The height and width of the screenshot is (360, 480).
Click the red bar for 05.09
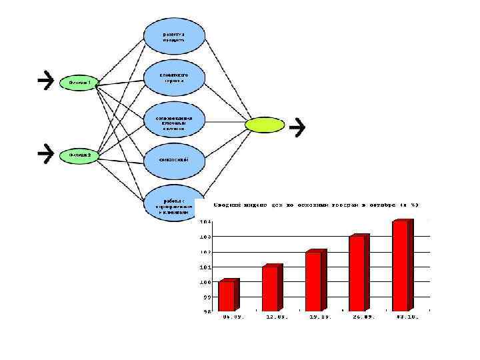click(227, 295)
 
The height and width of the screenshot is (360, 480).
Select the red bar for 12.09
click(271, 288)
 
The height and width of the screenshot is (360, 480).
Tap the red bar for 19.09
click(314, 281)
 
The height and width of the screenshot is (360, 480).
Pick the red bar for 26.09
click(357, 273)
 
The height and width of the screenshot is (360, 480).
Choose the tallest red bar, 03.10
click(401, 265)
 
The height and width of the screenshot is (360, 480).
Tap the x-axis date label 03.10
click(407, 317)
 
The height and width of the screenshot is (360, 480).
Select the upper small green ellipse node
click(79, 83)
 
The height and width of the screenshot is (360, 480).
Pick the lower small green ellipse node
click(79, 155)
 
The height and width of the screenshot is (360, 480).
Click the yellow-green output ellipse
click(265, 124)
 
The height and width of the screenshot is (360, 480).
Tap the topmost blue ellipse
click(175, 36)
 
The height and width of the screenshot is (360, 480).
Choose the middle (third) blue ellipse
click(175, 121)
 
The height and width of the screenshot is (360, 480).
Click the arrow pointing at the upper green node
click(45, 80)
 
